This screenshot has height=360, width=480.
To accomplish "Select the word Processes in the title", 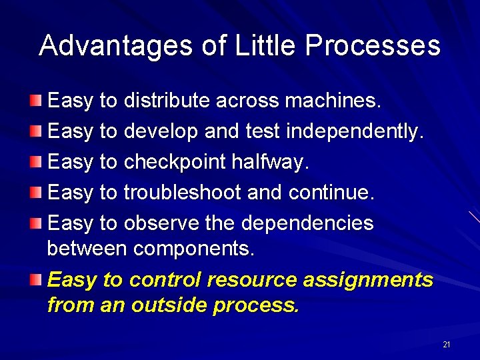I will pos(372,46).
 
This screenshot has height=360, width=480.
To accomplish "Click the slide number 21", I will pos(446,345).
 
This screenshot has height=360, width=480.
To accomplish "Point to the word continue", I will pos(332,193).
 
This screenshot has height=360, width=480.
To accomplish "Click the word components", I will pos(194,249).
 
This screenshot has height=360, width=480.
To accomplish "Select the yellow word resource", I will pos(252,279).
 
